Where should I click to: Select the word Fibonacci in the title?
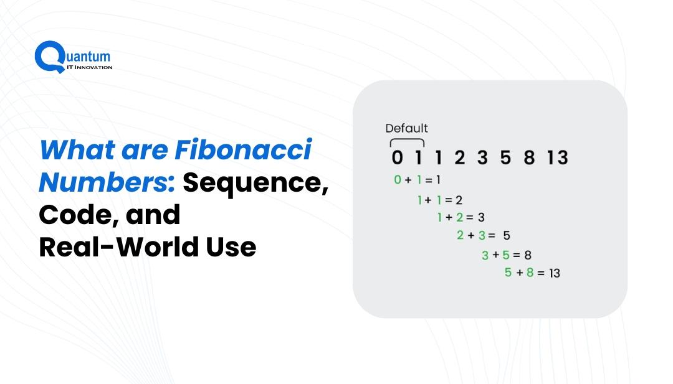pyautogui.click(x=242, y=151)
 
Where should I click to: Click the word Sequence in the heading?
pyautogui.click(x=255, y=182)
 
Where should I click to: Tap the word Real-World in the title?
pyautogui.click(x=116, y=247)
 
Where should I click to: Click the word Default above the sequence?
pyautogui.click(x=406, y=129)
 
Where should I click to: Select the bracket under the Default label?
pyautogui.click(x=407, y=143)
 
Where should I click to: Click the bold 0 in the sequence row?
pyautogui.click(x=397, y=158)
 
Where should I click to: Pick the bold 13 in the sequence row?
pyautogui.click(x=557, y=158)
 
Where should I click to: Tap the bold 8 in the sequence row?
pyautogui.click(x=529, y=158)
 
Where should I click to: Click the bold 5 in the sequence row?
pyautogui.click(x=505, y=158)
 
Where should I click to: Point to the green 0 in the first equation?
pyautogui.click(x=398, y=180)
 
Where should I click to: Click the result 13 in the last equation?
pyautogui.click(x=554, y=273)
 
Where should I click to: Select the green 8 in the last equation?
pyautogui.click(x=530, y=272)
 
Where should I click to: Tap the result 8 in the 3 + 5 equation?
pyautogui.click(x=527, y=255)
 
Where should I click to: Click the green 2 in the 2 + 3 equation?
pyautogui.click(x=460, y=235)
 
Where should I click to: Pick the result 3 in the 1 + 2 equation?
pyautogui.click(x=480, y=217)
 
